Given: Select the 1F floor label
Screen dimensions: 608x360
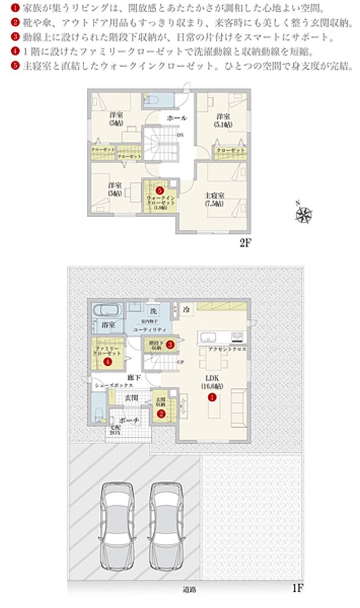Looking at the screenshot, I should pyautogui.click(x=297, y=588).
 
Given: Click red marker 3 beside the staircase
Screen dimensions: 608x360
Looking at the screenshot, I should pyautogui.click(x=170, y=345).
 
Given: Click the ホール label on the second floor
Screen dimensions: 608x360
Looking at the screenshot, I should pyautogui.click(x=177, y=118).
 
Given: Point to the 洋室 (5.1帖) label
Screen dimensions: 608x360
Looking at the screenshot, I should pyautogui.click(x=221, y=119).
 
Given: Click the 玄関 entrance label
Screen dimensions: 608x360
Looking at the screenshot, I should pyautogui.click(x=131, y=398).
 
